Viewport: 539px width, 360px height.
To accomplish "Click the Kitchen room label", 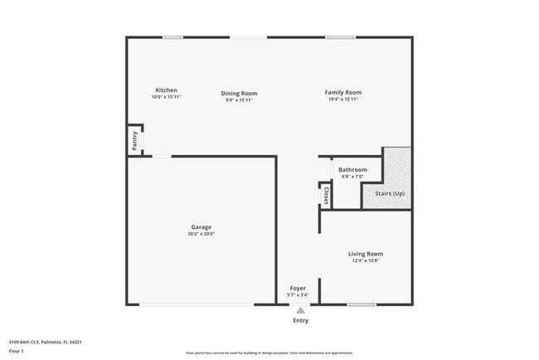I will click(166, 90).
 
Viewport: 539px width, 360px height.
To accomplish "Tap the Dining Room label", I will click(239, 93).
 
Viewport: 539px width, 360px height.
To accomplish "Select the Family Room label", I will click(342, 93).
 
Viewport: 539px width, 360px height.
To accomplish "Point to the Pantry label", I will click(134, 141).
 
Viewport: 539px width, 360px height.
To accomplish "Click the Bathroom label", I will click(352, 169).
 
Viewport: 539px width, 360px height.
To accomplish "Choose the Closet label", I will click(326, 195).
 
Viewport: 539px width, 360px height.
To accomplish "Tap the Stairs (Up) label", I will click(390, 192).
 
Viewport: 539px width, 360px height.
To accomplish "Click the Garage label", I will click(202, 226).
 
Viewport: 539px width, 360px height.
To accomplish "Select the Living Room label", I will click(365, 254).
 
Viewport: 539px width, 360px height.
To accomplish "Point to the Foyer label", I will click(298, 288).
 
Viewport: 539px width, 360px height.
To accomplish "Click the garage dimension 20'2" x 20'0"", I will click(202, 234).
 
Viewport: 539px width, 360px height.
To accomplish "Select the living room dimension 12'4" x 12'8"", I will click(365, 261).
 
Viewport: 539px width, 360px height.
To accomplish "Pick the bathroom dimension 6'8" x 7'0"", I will click(352, 177).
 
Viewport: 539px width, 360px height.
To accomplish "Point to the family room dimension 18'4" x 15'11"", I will click(342, 100).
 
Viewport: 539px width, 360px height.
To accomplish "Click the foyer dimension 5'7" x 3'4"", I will click(298, 294).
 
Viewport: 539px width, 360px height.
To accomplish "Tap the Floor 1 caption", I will click(17, 351).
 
